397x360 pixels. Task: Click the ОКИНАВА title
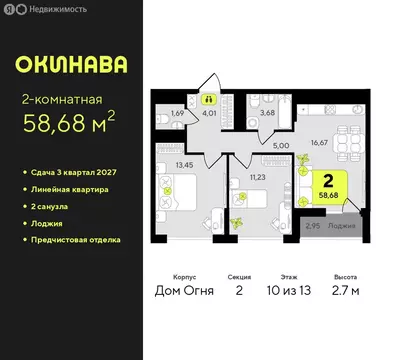tap(72, 64)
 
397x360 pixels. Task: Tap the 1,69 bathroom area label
tap(177, 112)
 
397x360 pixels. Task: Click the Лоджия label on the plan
tap(342, 226)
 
